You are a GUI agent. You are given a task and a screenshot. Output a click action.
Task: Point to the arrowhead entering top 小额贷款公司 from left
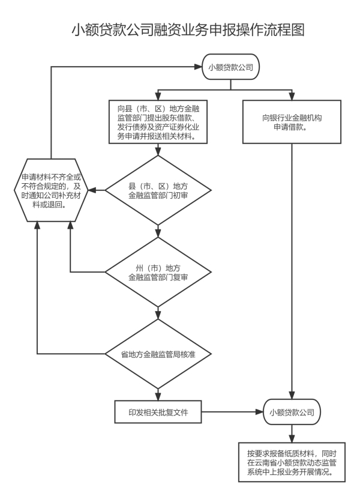pyautogui.click(x=200, y=67)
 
